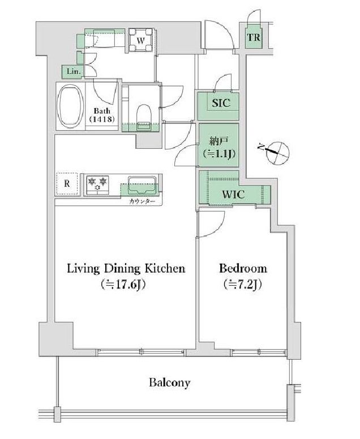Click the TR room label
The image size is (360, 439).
pos(253,38)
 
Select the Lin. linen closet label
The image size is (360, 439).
pos(72,71)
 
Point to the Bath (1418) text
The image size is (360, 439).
pos(102,115)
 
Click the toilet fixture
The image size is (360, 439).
pos(144,114)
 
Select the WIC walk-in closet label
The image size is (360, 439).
pos(232,193)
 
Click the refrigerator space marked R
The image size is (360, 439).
pos(67,183)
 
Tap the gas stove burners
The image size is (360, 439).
pos(97,183)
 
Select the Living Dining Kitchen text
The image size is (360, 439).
pos(126,268)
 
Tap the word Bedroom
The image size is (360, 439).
pos(243,268)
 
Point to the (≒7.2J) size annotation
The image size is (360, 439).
pos(242,285)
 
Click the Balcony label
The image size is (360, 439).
pos(170,382)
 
